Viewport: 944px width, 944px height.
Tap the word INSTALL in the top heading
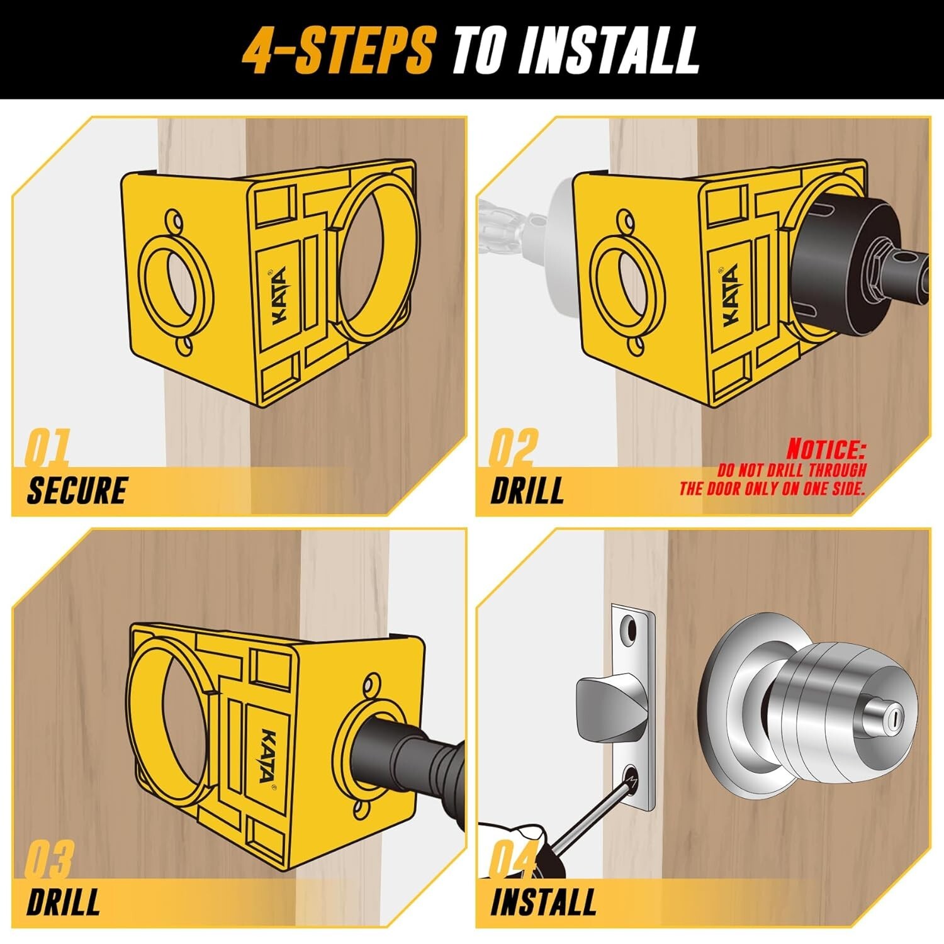coord(609,50)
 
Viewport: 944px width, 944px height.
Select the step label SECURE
coord(77,490)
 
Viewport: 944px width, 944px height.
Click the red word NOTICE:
coord(826,449)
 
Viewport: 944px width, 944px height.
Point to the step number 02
coord(514,447)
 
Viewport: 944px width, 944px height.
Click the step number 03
coord(49,860)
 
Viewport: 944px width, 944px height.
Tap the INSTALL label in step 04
coord(543,902)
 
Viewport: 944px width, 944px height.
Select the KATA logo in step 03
coord(267,755)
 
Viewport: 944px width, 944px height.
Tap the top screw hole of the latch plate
coord(628,627)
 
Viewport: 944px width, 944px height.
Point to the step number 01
coord(47,447)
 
